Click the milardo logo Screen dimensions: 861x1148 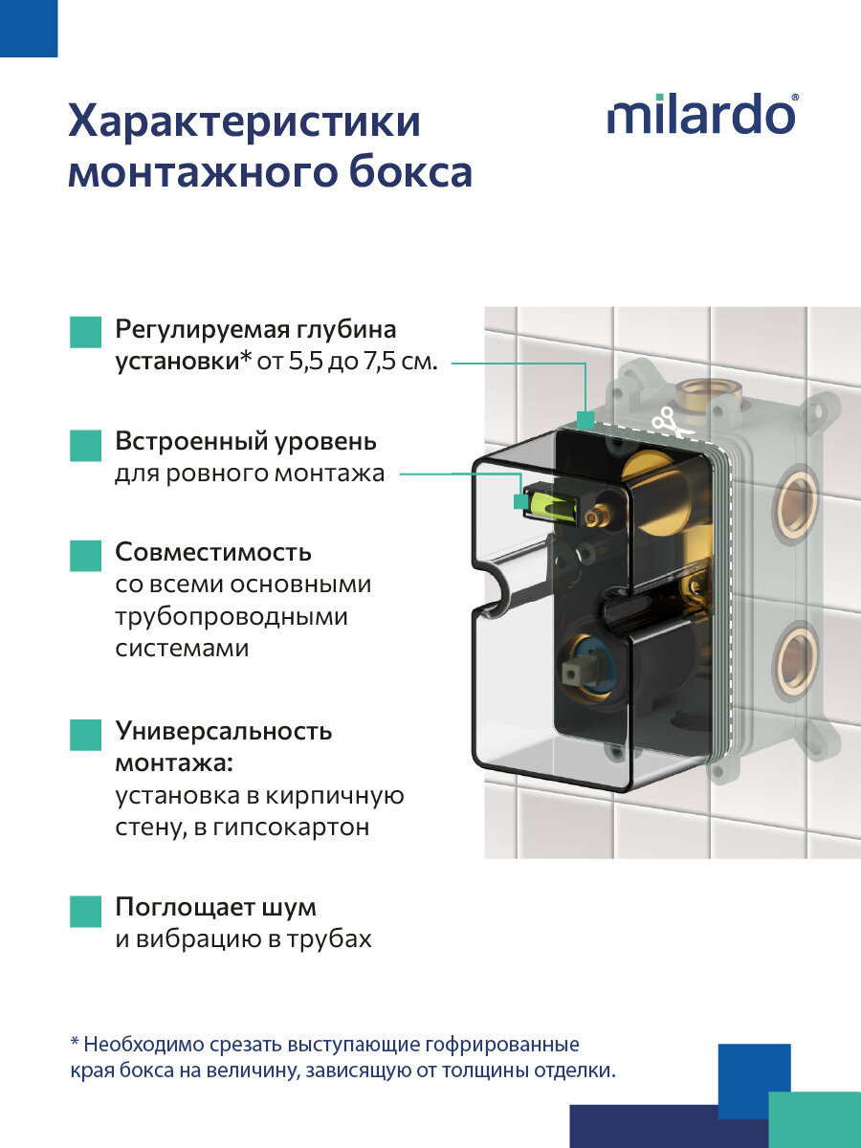click(x=701, y=115)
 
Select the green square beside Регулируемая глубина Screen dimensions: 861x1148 click(x=85, y=331)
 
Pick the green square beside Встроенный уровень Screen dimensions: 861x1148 click(x=85, y=445)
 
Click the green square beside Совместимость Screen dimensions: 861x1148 click(x=85, y=555)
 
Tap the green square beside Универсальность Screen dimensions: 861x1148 click(x=85, y=734)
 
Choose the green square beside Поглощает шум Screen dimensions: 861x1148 click(x=85, y=909)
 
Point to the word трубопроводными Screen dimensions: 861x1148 click(x=232, y=617)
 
